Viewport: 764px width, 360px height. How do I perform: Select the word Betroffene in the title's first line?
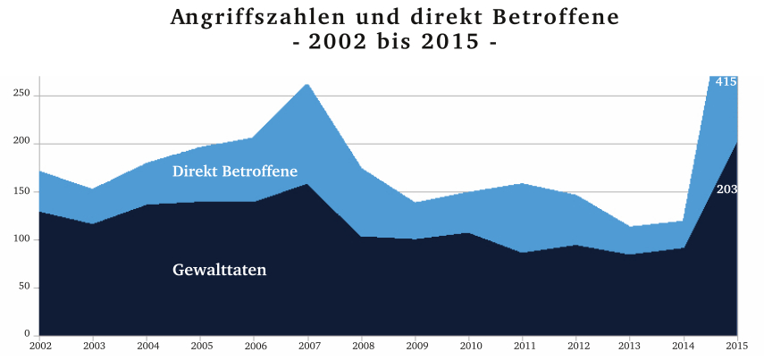[x=542, y=17]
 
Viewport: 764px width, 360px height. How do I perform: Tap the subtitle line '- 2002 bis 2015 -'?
[x=395, y=42]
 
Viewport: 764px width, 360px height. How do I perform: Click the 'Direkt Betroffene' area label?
[x=235, y=171]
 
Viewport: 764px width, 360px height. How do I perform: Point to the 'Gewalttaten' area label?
[x=220, y=269]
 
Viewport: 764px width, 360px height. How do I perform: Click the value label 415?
[x=726, y=82]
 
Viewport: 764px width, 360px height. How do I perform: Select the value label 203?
[x=726, y=189]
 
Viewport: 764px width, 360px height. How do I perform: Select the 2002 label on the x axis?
[x=40, y=345]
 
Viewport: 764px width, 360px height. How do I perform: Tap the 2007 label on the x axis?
[x=309, y=345]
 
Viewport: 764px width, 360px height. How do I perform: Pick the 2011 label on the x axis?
[x=524, y=345]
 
